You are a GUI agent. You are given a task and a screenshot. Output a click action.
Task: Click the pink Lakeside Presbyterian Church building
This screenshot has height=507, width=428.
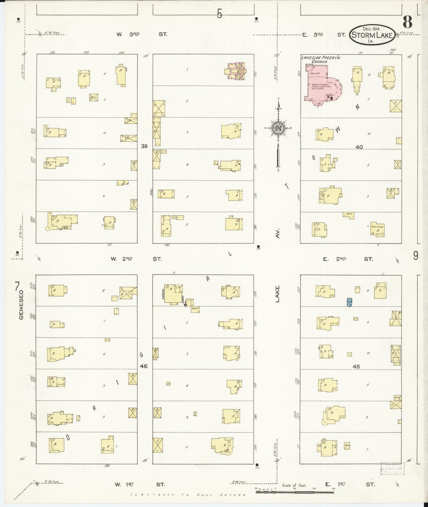click(318, 84)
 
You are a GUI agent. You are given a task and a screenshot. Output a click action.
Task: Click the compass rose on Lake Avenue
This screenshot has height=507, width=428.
click(278, 128)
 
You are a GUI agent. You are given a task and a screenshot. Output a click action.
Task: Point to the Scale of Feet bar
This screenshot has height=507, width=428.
click(295, 492)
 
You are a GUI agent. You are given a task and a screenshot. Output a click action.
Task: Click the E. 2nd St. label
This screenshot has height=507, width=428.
click(347, 259)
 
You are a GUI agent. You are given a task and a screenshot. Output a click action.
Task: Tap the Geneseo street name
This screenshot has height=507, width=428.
click(21, 305)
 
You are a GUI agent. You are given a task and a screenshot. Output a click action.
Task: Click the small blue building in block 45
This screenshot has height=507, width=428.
click(350, 302)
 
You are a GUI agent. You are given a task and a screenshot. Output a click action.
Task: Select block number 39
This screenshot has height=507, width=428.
click(144, 146)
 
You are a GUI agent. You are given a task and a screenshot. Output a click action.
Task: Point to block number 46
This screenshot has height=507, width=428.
click(144, 366)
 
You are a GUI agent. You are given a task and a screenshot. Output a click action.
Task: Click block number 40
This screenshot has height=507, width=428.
click(359, 147)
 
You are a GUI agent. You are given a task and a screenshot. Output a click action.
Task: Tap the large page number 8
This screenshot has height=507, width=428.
click(408, 22)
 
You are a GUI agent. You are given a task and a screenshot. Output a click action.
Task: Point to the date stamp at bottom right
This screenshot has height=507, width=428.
click(392, 468)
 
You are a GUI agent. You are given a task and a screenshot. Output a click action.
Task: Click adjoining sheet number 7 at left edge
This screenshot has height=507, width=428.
click(17, 286)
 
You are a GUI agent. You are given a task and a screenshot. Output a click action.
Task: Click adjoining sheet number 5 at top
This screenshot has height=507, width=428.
click(219, 14)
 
